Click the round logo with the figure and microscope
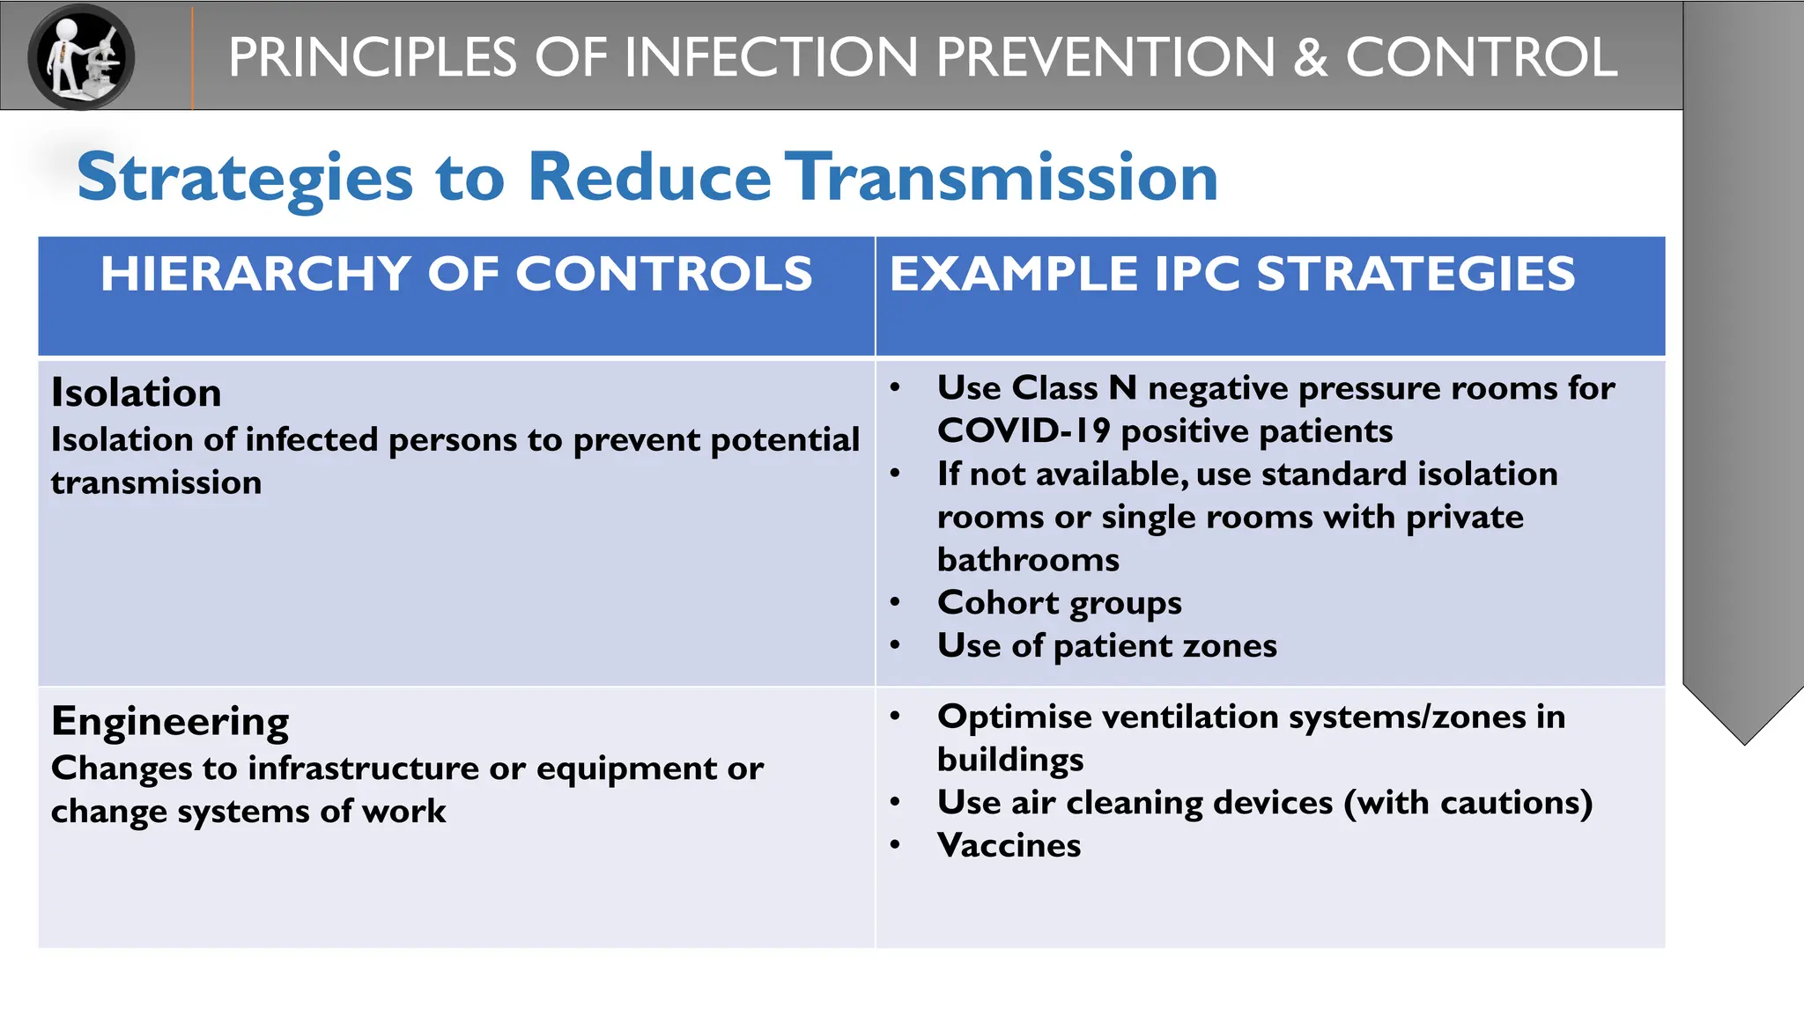coord(81,56)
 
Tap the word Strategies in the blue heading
coord(245,179)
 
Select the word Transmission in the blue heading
coord(1002,177)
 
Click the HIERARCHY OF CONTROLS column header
coord(456,274)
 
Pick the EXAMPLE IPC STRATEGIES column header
coord(1232,274)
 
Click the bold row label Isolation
coord(137,393)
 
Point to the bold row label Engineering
coord(170,722)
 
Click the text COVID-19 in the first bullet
coord(1024,431)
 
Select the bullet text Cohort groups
coord(1060,603)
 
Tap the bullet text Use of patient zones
coord(1107,646)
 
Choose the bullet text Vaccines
coord(1009,846)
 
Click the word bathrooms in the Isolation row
coord(1028,560)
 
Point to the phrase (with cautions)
coord(1468,803)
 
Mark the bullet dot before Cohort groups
coord(895,603)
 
